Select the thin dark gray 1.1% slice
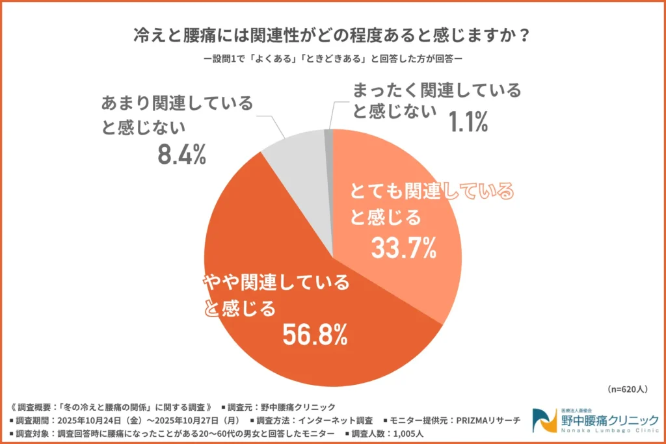point(329,135)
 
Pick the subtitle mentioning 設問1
point(332,58)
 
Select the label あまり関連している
point(176,104)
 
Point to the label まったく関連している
point(436,90)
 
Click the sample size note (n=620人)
point(628,389)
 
